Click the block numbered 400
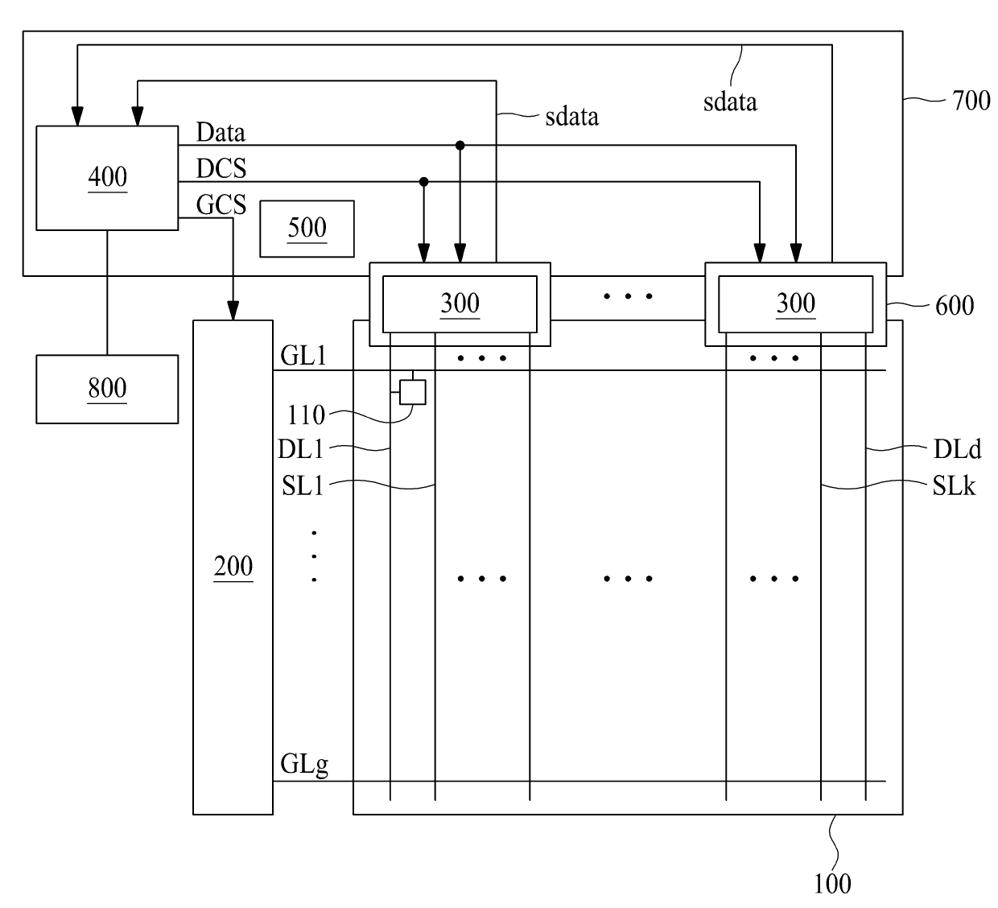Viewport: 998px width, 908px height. (x=107, y=178)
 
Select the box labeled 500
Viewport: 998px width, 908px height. (x=307, y=229)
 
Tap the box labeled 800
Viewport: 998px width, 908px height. (x=107, y=389)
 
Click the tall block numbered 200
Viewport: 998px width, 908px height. (x=233, y=567)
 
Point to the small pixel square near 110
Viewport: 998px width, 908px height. (x=412, y=392)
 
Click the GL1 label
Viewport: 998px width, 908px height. (x=303, y=356)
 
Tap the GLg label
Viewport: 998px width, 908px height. (x=304, y=764)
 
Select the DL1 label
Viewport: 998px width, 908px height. (x=300, y=449)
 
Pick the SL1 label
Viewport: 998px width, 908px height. (x=303, y=485)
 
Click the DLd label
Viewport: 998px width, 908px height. (x=957, y=449)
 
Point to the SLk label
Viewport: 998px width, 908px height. (x=954, y=485)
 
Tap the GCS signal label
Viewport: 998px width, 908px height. (x=221, y=204)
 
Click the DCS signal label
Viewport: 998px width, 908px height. (x=221, y=168)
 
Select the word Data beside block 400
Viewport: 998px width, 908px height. (x=221, y=132)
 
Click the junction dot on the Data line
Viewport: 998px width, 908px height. (x=460, y=146)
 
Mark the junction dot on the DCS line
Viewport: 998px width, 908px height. (x=423, y=182)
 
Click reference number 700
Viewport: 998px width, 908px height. (x=971, y=101)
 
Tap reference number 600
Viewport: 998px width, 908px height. (x=955, y=305)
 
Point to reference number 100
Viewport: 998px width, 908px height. (x=832, y=884)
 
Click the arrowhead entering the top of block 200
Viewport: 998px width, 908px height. (x=233, y=311)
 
